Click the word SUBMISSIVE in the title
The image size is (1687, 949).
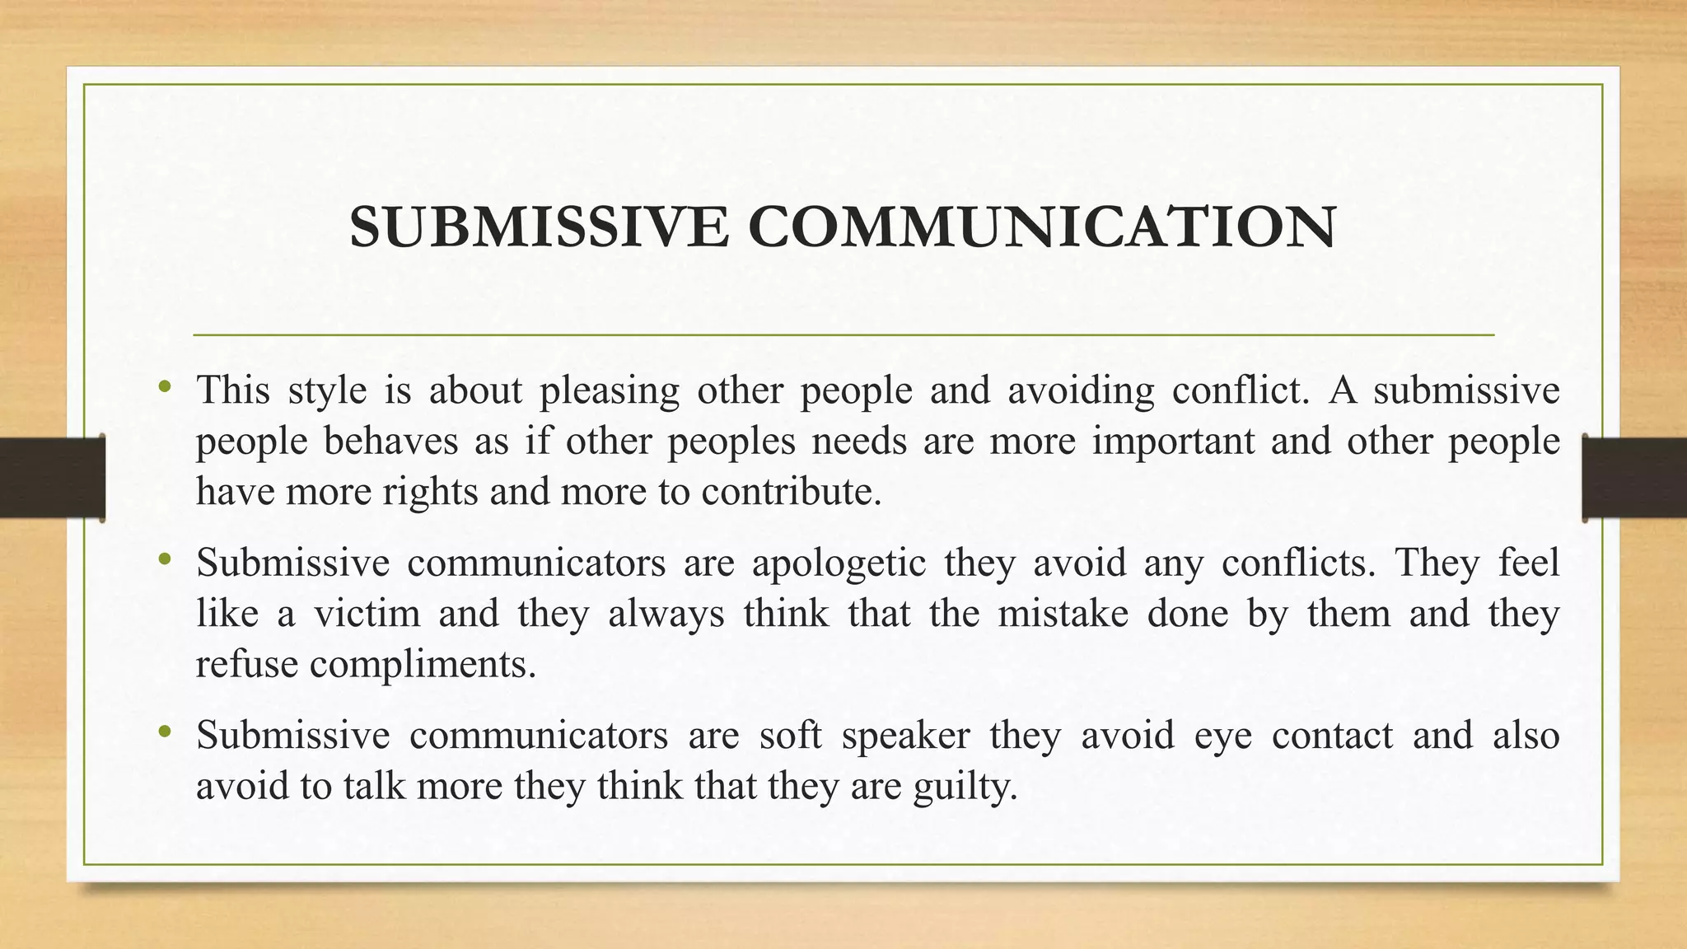(539, 227)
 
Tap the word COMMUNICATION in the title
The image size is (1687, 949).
(1041, 227)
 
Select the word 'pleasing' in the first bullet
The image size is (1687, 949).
(610, 390)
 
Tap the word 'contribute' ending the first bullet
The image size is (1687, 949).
(791, 492)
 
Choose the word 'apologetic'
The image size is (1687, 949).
(839, 563)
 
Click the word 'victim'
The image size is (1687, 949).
(367, 614)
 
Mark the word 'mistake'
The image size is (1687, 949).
(1063, 614)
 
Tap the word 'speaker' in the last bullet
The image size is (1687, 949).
(905, 736)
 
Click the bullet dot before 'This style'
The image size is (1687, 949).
(166, 386)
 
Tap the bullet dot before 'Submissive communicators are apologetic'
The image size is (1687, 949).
(166, 560)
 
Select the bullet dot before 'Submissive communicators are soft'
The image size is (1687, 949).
(166, 732)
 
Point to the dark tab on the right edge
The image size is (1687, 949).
(1634, 478)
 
